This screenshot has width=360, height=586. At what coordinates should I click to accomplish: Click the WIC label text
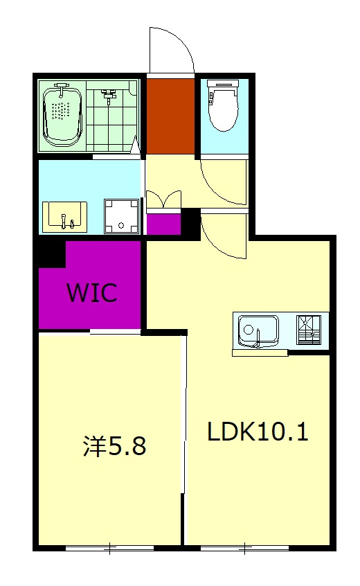tap(91, 293)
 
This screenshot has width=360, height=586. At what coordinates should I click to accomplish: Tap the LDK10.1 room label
tap(258, 432)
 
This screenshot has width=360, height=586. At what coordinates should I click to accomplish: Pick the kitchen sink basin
tap(258, 330)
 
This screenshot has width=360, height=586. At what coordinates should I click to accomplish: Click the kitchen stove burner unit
tap(309, 330)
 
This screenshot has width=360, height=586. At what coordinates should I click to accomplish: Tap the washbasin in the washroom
tap(64, 215)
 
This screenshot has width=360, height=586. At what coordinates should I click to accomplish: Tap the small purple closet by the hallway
tap(163, 224)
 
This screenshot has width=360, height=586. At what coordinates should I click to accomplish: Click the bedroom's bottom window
tap(109, 549)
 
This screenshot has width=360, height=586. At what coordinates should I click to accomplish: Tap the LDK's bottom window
tap(244, 549)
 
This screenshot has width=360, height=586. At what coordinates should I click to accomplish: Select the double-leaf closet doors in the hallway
tap(163, 199)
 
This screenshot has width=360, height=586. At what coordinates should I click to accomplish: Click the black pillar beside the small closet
tap(190, 222)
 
